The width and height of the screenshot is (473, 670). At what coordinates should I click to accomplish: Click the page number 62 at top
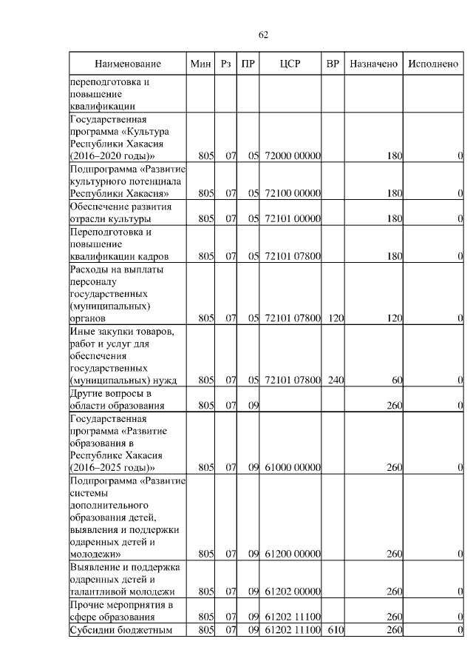coord(264,35)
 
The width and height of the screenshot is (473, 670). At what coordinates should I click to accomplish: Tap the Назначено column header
coord(373,64)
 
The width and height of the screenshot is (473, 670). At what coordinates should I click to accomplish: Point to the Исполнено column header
coord(432,64)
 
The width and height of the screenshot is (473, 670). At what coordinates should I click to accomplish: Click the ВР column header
coord(333,64)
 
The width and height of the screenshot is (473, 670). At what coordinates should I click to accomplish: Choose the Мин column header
coord(200,64)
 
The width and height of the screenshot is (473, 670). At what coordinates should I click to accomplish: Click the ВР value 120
coord(336,318)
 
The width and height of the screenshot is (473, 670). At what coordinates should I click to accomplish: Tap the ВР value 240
coord(336,381)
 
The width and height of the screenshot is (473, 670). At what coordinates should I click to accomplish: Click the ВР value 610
coord(336,630)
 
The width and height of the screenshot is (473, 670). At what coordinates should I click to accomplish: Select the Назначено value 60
coord(397,381)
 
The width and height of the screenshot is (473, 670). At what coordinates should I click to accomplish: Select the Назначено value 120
coord(394,318)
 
